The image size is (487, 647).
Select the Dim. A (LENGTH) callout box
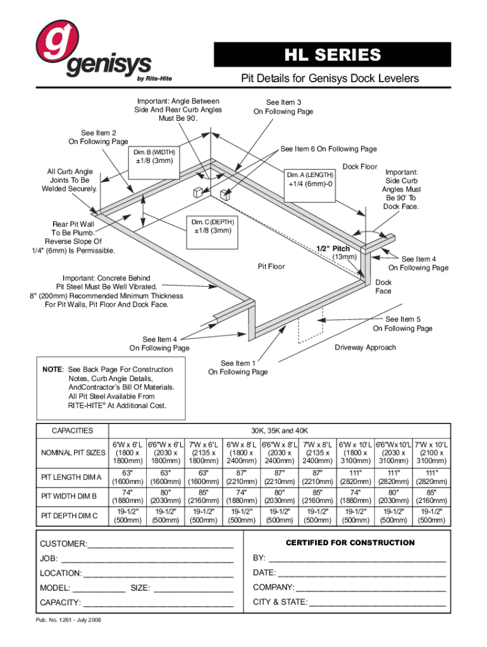pyautogui.click(x=309, y=179)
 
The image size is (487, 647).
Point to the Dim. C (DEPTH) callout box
pyautogui.click(x=213, y=226)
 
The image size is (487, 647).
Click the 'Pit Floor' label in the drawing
pyautogui.click(x=271, y=267)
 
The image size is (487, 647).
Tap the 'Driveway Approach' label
pyautogui.click(x=365, y=348)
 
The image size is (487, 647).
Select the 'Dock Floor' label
pyautogui.click(x=360, y=167)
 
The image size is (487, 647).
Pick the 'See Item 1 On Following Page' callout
pyautogui.click(x=238, y=368)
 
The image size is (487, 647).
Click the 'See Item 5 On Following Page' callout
pyautogui.click(x=402, y=323)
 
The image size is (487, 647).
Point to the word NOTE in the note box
pyautogui.click(x=52, y=369)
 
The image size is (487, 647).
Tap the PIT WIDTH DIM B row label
pyautogui.click(x=69, y=496)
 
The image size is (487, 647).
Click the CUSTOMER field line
pyautogui.click(x=161, y=544)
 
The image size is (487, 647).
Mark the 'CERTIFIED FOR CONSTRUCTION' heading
pyautogui.click(x=350, y=543)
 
